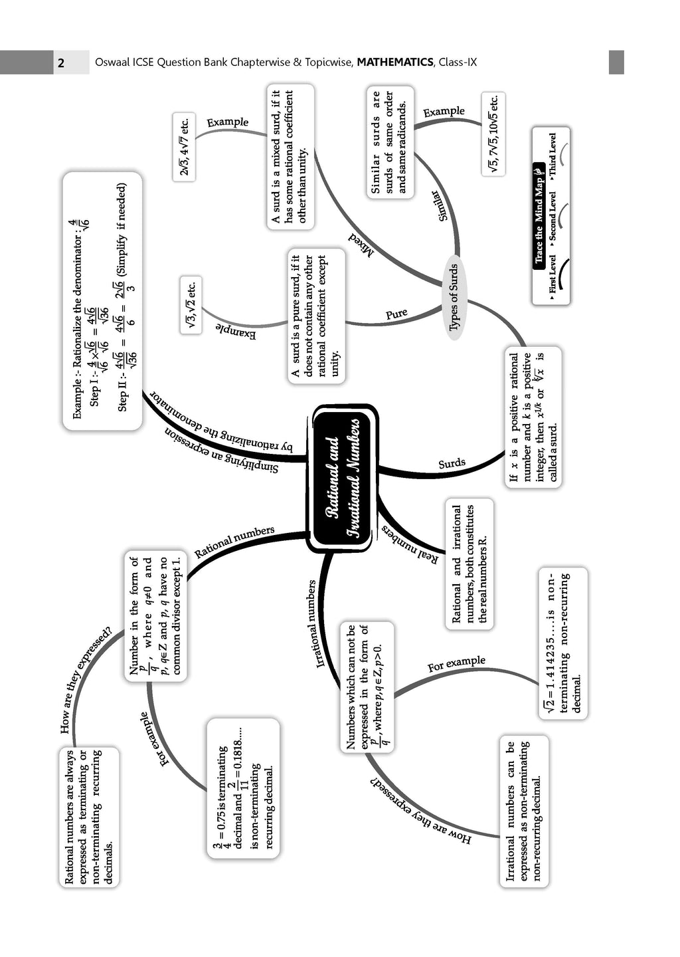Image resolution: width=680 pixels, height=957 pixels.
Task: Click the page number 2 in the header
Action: point(61,63)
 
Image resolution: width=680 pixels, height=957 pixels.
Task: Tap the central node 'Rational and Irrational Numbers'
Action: point(344,478)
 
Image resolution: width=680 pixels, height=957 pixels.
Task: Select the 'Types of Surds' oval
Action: point(454,297)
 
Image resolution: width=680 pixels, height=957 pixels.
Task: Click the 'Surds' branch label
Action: point(452,463)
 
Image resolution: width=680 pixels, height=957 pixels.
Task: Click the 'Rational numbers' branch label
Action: point(234,542)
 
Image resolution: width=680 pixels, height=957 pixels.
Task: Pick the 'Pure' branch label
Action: point(396,314)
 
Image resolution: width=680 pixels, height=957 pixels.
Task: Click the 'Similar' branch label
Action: point(440,206)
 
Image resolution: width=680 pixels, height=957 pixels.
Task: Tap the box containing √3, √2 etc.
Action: point(191,304)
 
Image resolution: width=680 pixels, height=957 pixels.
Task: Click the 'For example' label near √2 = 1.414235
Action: point(456,663)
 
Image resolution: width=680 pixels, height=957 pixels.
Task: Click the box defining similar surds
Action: point(390,143)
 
